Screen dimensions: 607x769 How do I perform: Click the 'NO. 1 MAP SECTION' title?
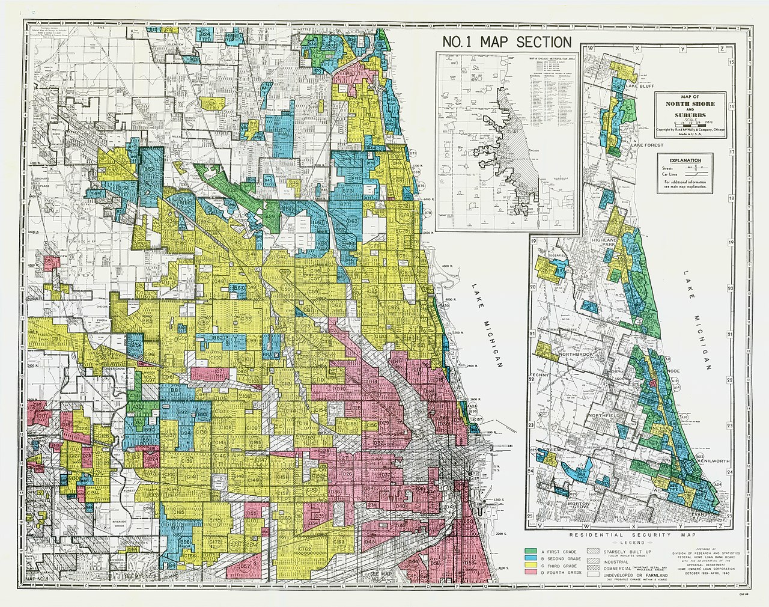(x=506, y=42)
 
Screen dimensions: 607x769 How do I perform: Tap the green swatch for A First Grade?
(x=530, y=551)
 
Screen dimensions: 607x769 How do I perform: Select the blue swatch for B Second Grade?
(x=530, y=558)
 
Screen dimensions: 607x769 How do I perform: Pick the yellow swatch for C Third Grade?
(x=530, y=566)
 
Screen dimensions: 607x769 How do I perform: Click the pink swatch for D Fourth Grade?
(x=530, y=574)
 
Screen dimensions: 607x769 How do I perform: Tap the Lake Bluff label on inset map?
(x=640, y=85)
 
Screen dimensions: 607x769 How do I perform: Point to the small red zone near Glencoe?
(x=652, y=383)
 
